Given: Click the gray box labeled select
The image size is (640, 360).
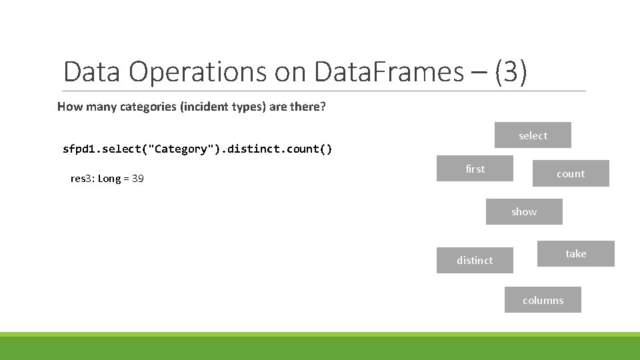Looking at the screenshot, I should pos(533,135).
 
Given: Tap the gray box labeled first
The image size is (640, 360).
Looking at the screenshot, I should pos(475,169).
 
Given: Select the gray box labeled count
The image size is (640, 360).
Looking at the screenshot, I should pos(571,173).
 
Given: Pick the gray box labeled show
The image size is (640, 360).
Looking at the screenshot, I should pos(524,211).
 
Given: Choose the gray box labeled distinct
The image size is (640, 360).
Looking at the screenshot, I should pos(475,260).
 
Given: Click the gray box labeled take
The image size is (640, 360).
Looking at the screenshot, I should pos(576,253).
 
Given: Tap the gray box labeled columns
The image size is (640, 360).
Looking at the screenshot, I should pos(543,300).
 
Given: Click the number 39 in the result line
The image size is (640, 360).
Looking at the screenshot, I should pos(137,179).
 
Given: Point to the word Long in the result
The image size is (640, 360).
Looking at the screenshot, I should pos(110,179).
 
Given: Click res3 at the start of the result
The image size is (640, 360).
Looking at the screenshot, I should pos(82,179).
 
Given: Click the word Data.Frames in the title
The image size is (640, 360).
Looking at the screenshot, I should pos(389,72).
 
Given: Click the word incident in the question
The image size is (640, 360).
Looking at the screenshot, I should pos(203,107).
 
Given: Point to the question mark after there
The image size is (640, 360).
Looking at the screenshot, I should pos(323,107).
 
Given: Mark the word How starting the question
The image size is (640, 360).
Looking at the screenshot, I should pos(69,107).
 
